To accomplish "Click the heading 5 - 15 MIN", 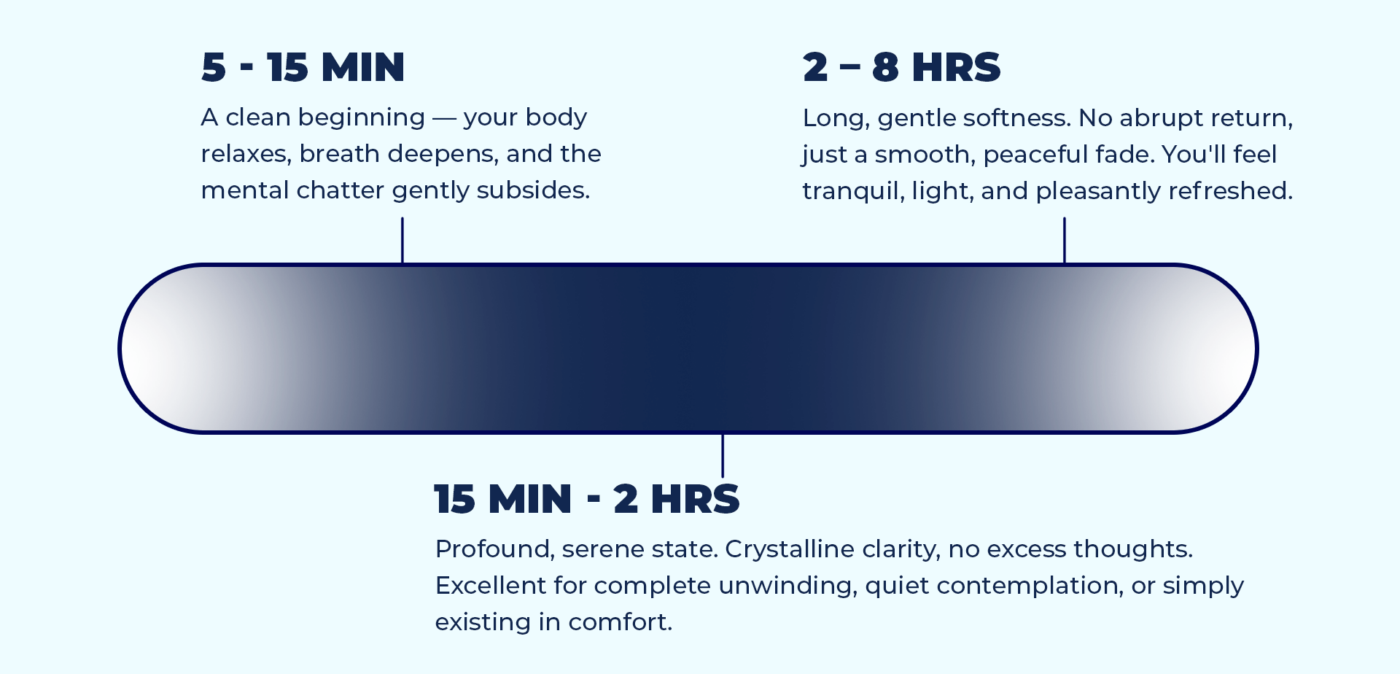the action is click(x=303, y=67).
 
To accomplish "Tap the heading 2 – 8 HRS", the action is click(x=901, y=67).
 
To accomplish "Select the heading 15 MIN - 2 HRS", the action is click(x=587, y=499).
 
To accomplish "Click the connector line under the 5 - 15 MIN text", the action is click(x=402, y=240).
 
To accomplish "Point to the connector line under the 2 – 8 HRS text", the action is click(x=1065, y=240).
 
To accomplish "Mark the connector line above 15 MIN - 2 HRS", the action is click(x=723, y=455).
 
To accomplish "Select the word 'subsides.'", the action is click(x=533, y=190).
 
